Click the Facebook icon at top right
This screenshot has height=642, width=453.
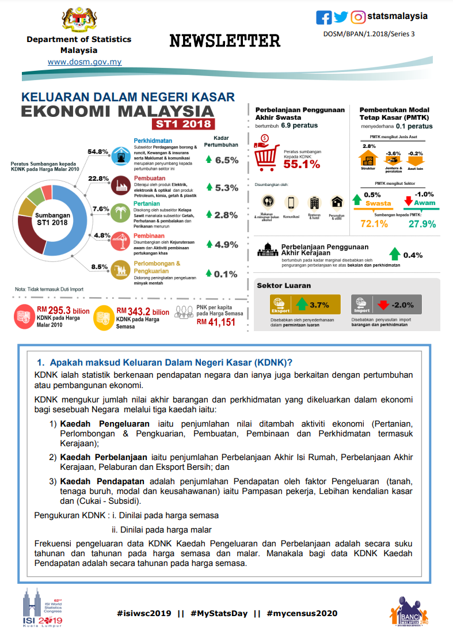(324, 17)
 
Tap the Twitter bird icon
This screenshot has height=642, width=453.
(341, 17)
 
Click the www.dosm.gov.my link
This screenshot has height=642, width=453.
(85, 62)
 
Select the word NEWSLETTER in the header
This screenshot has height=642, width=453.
(225, 41)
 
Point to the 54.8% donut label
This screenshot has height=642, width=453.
(98, 151)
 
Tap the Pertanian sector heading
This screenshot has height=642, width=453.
(147, 204)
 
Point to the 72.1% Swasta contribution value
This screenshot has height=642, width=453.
(374, 223)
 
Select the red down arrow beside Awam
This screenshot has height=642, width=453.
(409, 202)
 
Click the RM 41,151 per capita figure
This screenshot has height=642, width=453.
(216, 322)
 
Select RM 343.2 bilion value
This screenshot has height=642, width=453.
(143, 311)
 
